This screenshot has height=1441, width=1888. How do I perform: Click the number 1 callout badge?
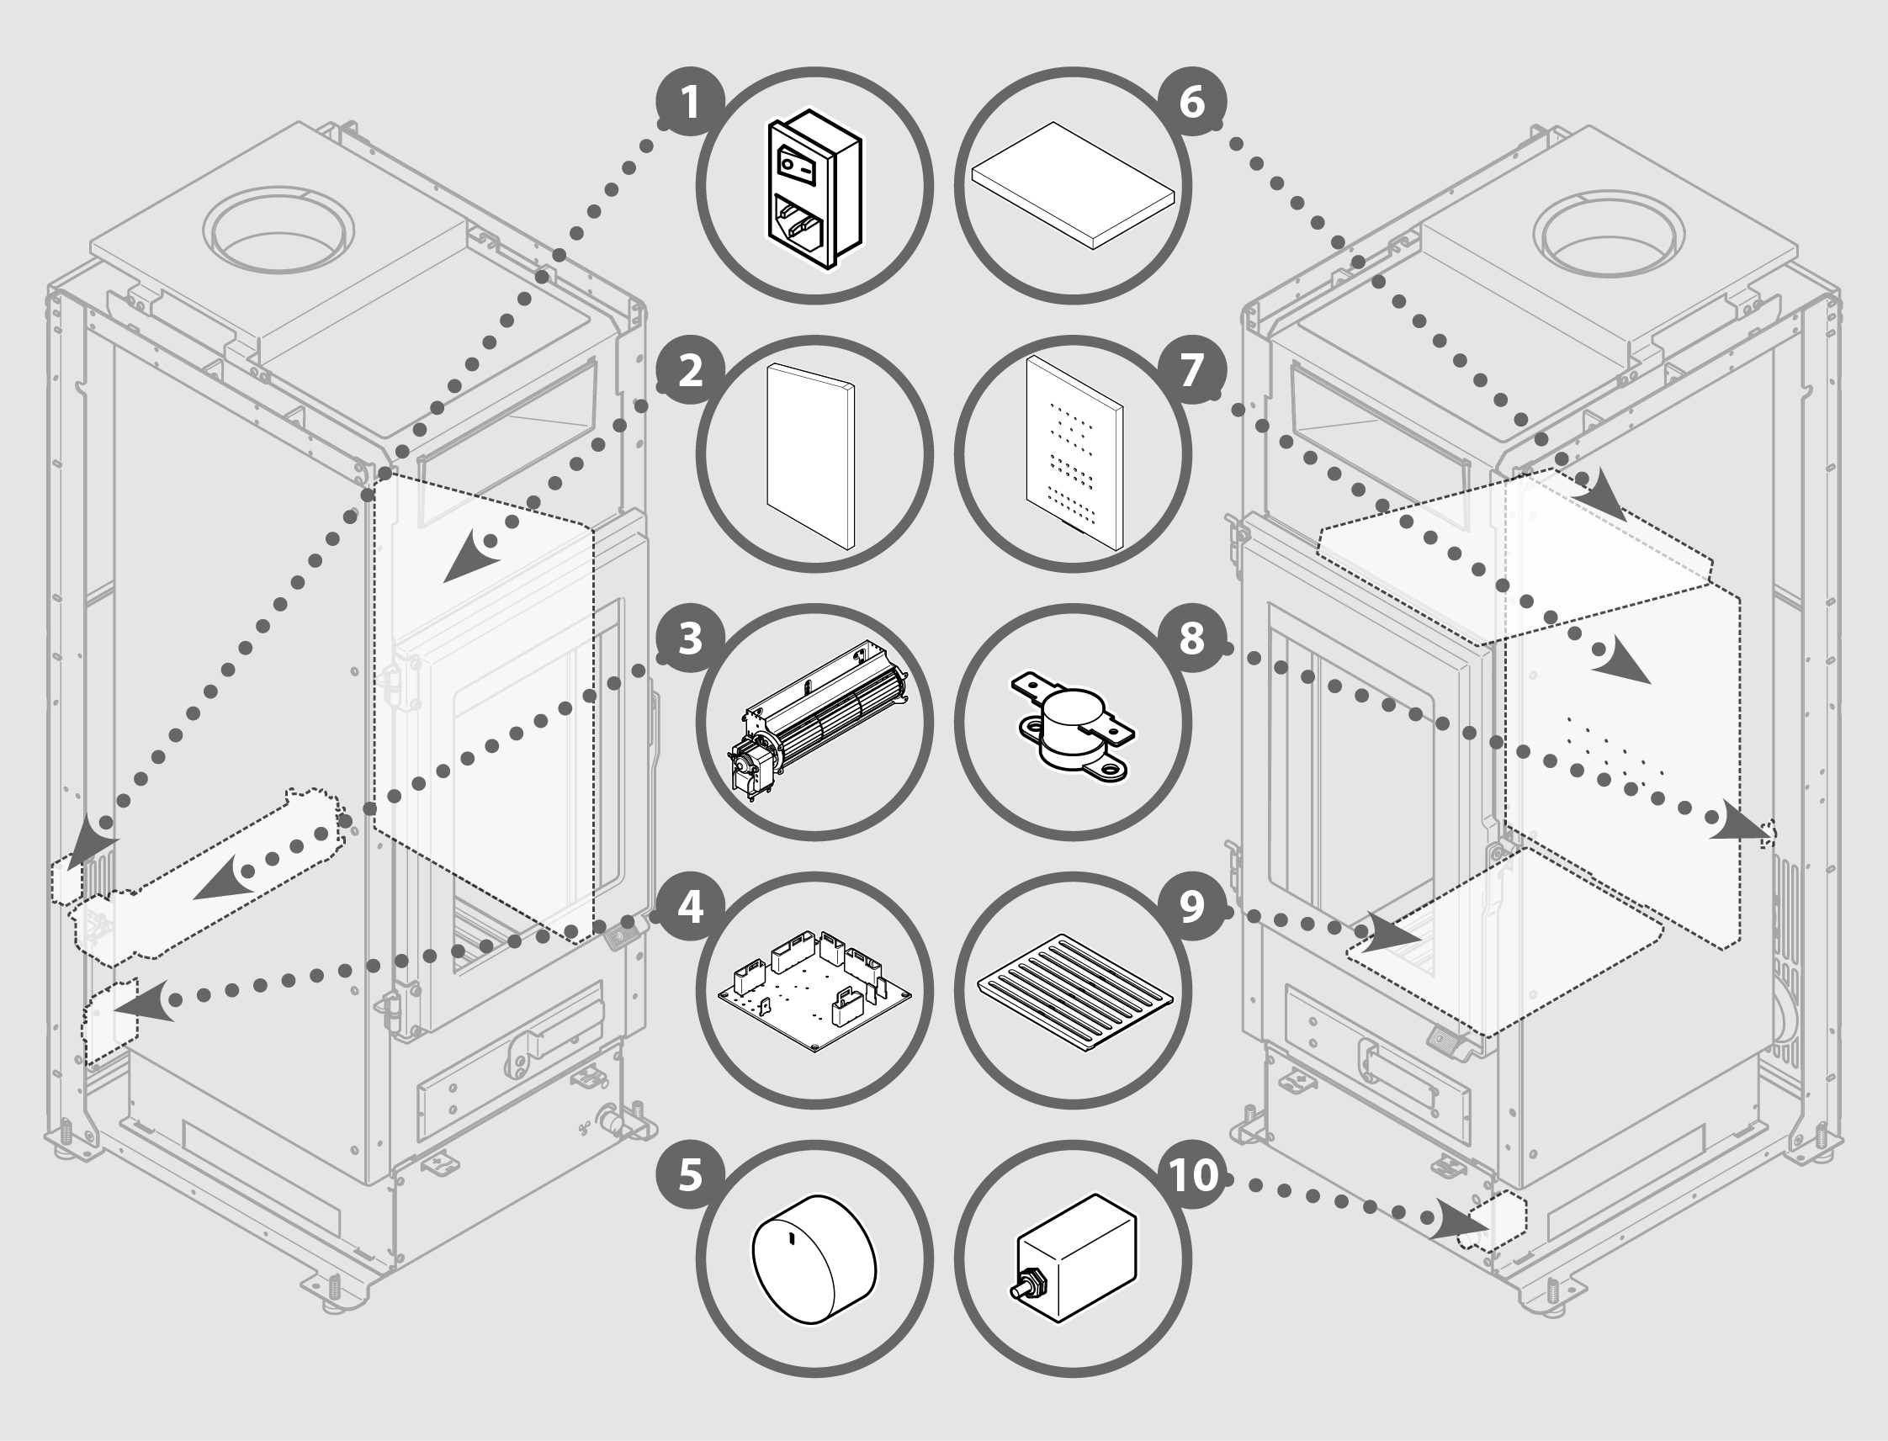[x=690, y=103]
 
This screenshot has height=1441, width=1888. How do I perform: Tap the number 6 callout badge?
[x=1192, y=103]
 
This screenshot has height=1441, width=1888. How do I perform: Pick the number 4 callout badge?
[x=690, y=908]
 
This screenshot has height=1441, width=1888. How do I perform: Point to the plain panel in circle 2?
[x=810, y=455]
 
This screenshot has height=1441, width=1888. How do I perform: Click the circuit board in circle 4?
[x=815, y=988]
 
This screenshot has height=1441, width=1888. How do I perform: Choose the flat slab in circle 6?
[x=1073, y=185]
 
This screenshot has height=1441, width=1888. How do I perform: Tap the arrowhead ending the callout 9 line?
[x=1387, y=932]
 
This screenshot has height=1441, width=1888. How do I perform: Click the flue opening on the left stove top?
[x=278, y=232]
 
